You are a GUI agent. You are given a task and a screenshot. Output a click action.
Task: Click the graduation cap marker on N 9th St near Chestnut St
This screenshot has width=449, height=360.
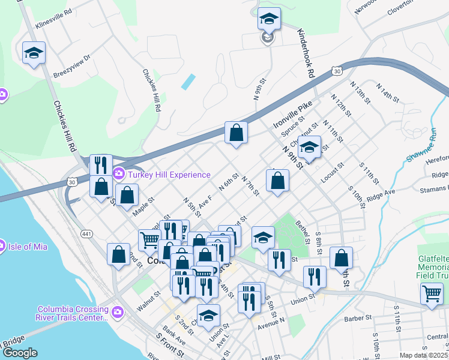coord(309,147)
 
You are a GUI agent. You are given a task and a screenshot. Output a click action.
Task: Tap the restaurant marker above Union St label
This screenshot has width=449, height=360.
coord(315,277)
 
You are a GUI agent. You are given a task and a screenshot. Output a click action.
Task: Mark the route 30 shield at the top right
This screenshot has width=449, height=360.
coord(338,71)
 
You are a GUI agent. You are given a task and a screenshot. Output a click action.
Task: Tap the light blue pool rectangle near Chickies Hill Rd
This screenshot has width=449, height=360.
coord(188,81)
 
